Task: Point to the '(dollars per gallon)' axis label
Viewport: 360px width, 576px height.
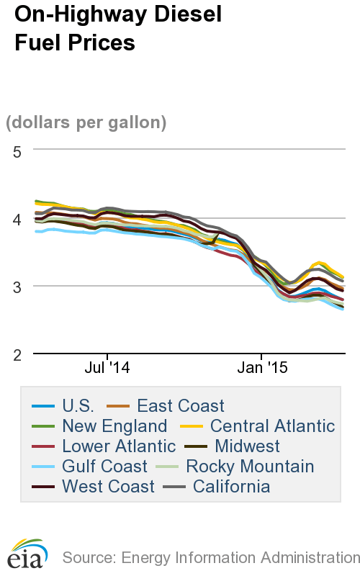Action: [86, 122]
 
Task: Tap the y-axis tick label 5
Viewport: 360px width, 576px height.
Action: [17, 150]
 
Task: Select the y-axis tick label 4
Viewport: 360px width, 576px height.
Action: [17, 218]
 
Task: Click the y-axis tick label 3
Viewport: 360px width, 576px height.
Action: [17, 287]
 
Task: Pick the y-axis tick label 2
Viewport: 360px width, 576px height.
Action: [17, 354]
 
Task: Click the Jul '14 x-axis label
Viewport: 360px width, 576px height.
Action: [107, 368]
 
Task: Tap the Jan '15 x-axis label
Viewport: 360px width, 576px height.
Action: [262, 368]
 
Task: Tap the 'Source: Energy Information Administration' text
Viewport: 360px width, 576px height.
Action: [210, 557]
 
